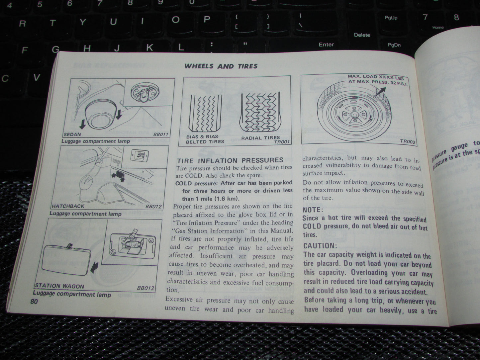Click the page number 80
34,302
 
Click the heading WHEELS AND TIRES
221,66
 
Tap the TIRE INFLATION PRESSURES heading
230,160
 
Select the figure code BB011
161,135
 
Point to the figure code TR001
282,142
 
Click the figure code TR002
408,142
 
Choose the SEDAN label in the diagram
72,135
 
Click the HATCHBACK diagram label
68,206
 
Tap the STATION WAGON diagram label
59,286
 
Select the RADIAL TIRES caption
261,137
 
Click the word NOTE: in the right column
313,210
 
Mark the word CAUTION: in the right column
320,246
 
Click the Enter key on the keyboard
326,45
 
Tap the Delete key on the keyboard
362,35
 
